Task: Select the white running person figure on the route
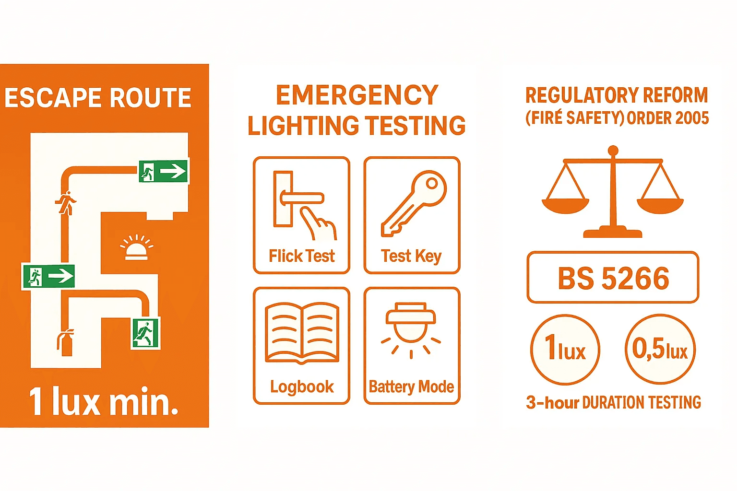click(66, 203)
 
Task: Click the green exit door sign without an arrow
click(145, 333)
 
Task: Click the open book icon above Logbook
click(302, 332)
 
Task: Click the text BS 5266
click(613, 278)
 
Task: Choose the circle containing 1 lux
click(565, 350)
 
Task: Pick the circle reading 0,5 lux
click(660, 350)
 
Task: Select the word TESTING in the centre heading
click(416, 126)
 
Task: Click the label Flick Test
click(301, 256)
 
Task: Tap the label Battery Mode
click(411, 386)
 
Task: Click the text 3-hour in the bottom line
click(552, 402)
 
